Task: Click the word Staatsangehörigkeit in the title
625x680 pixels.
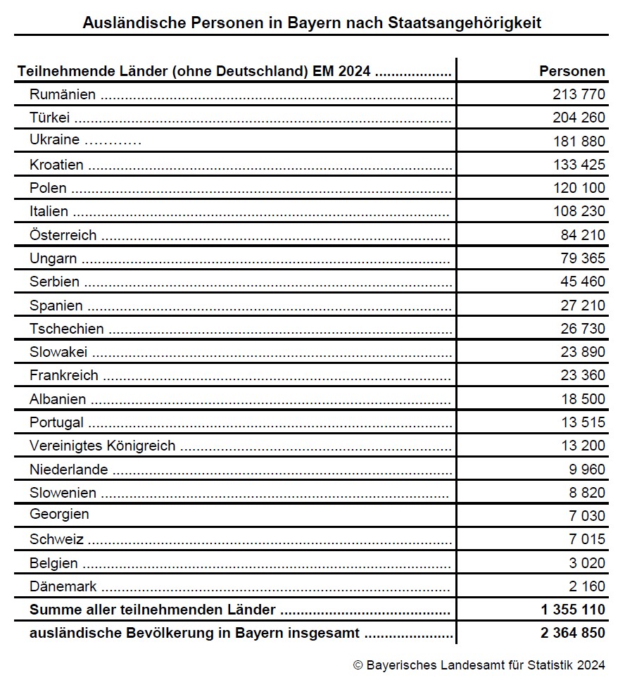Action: [x=465, y=23]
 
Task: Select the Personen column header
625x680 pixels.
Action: [x=572, y=71]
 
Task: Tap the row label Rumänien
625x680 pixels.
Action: [x=63, y=94]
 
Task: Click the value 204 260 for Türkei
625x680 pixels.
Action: [x=579, y=118]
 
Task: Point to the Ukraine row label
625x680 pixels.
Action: [x=54, y=140]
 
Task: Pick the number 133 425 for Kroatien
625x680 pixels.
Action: [x=579, y=165]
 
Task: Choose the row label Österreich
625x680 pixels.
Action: [x=63, y=235]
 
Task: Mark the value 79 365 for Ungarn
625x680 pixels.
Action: [x=583, y=258]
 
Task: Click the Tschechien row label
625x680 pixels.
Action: [x=66, y=329]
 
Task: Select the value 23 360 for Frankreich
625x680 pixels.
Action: [x=583, y=375]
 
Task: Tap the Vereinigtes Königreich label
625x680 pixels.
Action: [x=102, y=446]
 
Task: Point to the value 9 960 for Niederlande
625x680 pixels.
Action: [x=587, y=470]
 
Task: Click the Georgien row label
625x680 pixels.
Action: [x=59, y=514]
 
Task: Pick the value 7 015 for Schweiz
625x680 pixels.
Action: [x=587, y=539]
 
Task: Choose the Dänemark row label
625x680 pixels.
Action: [x=63, y=586]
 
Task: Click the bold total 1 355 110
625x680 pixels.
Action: [x=572, y=610]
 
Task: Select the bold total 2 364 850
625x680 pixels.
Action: [x=572, y=633]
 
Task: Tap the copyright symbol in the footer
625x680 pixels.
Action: [x=358, y=665]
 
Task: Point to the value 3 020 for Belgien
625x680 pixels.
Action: [x=587, y=563]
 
